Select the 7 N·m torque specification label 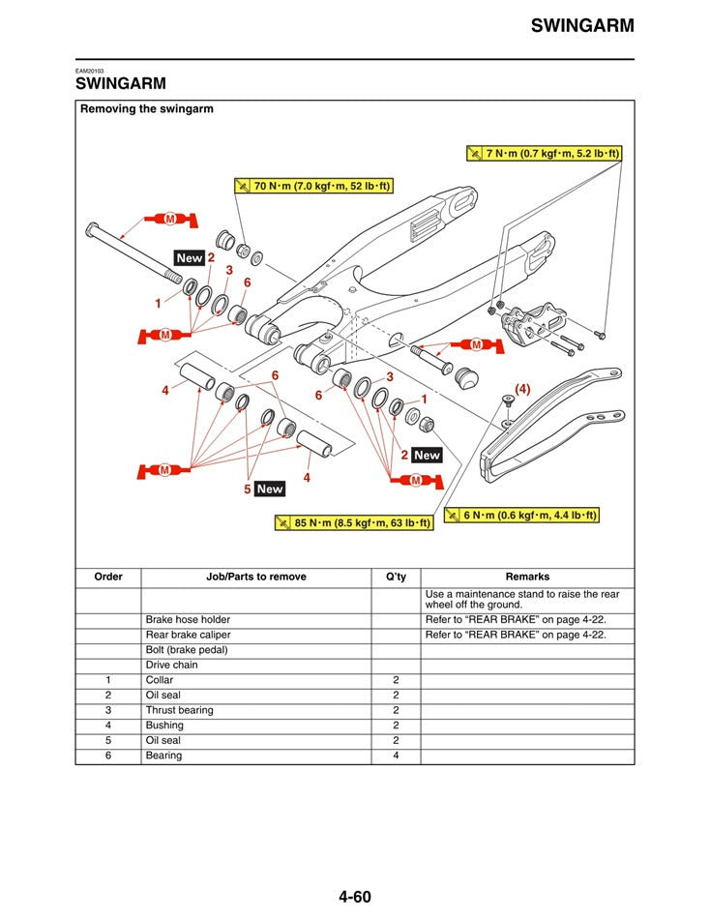pyautogui.click(x=544, y=153)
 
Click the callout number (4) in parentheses pyautogui.click(x=522, y=389)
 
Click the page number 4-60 pyautogui.click(x=355, y=897)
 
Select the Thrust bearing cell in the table pyautogui.click(x=180, y=710)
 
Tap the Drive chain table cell pyautogui.click(x=172, y=666)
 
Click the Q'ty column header pyautogui.click(x=396, y=577)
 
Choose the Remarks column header pyautogui.click(x=527, y=577)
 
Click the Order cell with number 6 pyautogui.click(x=108, y=756)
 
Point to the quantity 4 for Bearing pyautogui.click(x=396, y=756)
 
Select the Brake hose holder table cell pyautogui.click(x=188, y=619)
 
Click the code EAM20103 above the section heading pyautogui.click(x=90, y=71)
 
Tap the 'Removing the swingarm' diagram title pyautogui.click(x=147, y=109)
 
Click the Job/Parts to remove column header pyautogui.click(x=256, y=577)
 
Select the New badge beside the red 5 pyautogui.click(x=270, y=489)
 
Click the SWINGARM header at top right pyautogui.click(x=582, y=26)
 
